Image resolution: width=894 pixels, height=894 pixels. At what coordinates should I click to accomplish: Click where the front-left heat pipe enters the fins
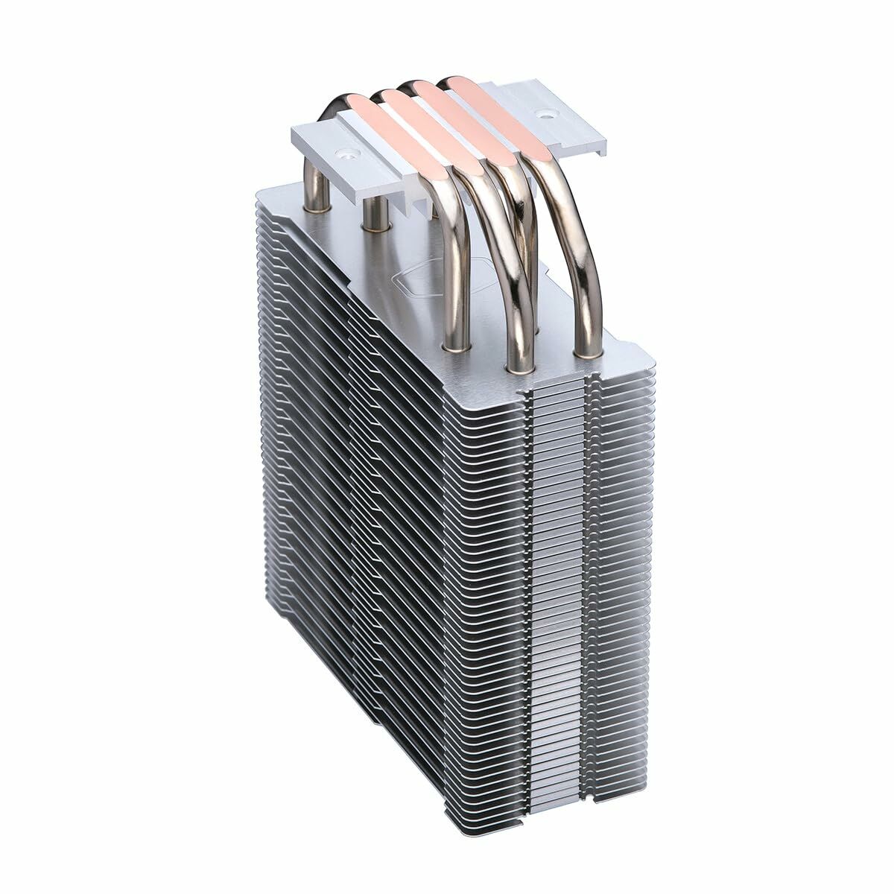[453, 344]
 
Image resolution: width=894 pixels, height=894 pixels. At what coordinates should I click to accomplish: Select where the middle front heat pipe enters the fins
[518, 365]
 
